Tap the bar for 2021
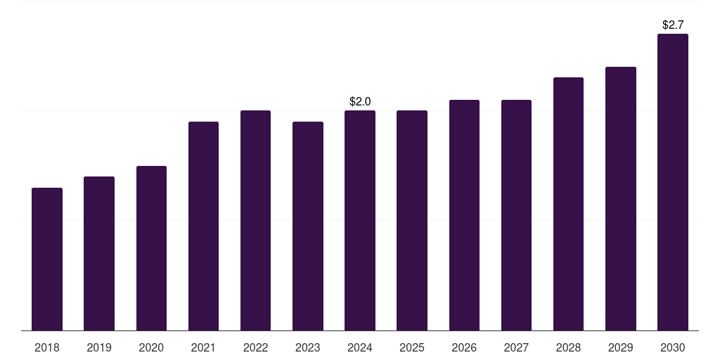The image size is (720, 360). click(x=203, y=226)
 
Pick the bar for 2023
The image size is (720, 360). click(x=308, y=226)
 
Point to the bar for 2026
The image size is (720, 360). click(x=464, y=215)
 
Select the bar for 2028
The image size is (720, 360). click(x=568, y=204)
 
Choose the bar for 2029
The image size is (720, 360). click(x=620, y=198)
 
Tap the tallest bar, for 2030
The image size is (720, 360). click(x=673, y=182)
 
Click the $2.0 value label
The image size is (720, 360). click(x=360, y=102)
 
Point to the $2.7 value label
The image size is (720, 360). click(x=673, y=25)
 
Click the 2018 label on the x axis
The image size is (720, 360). click(x=47, y=348)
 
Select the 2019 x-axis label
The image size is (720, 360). click(x=99, y=348)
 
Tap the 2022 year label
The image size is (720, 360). click(x=255, y=348)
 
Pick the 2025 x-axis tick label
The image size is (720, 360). click(x=412, y=348)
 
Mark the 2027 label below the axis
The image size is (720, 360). click(x=516, y=348)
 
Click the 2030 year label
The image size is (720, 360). click(x=673, y=348)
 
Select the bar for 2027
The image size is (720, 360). click(x=516, y=215)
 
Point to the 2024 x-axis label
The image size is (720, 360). click(x=360, y=348)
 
